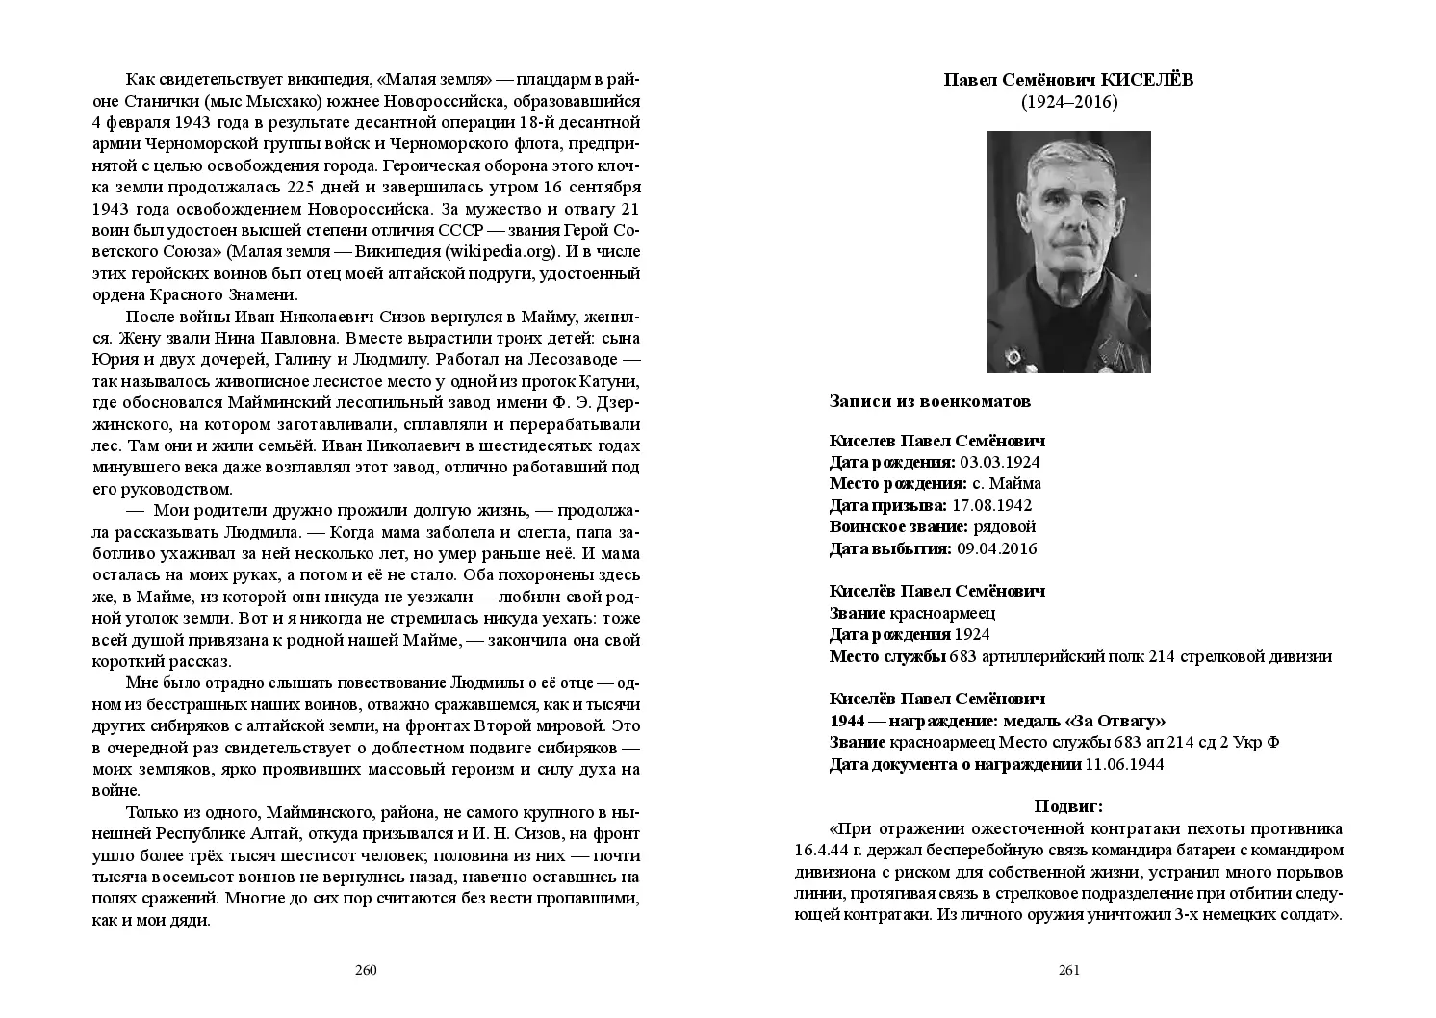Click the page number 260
coord(365,969)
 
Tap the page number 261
coord(1068,969)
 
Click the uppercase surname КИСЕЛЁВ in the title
coord(1146,80)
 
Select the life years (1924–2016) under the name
coord(1068,102)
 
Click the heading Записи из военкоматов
coord(930,401)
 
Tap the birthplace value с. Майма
coord(1007,483)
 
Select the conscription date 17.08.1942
coord(991,505)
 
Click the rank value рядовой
coord(1005,526)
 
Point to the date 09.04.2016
coord(996,548)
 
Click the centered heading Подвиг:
coord(1068,806)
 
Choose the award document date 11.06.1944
coord(1124,764)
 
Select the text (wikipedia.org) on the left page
coord(500,252)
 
